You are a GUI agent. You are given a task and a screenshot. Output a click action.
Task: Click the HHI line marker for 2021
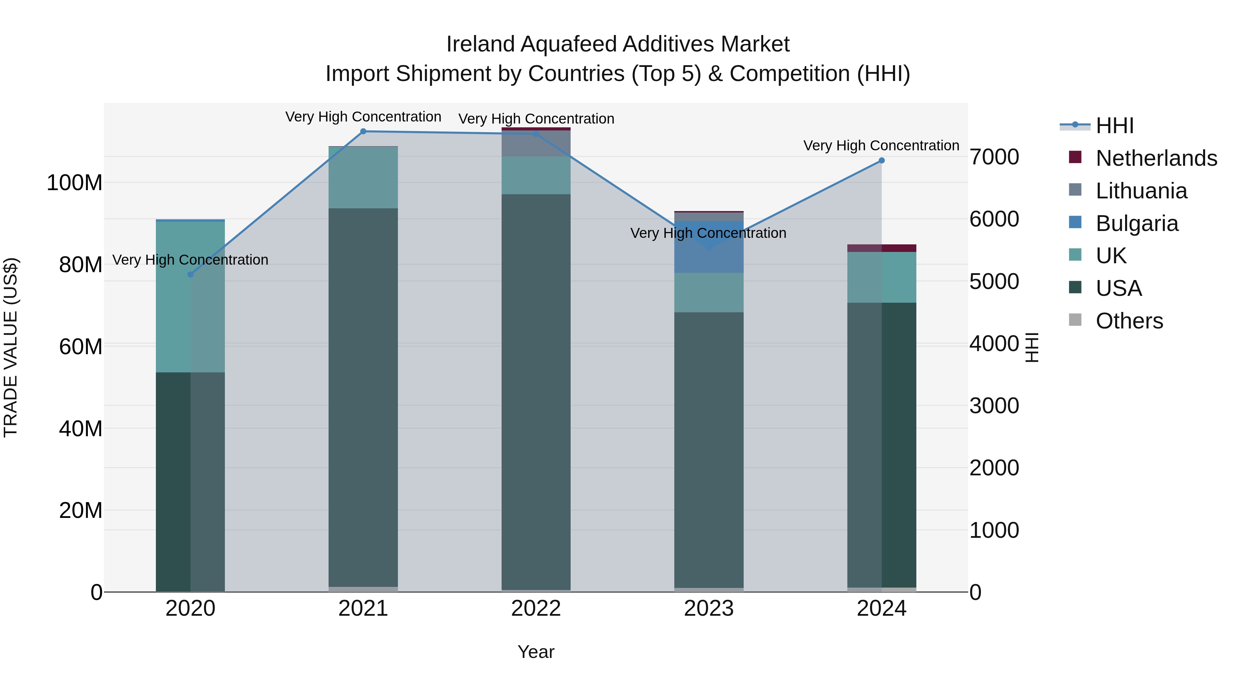[x=363, y=131]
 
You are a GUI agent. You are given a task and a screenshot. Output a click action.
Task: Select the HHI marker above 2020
[x=191, y=274]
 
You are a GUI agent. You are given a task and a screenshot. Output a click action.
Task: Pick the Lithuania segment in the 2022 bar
[x=536, y=144]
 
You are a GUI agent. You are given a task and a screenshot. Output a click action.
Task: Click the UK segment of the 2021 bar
[x=363, y=177]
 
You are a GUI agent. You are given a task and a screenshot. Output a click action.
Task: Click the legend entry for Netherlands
[x=1156, y=158]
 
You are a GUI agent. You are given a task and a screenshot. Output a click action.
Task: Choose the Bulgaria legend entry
[x=1137, y=223]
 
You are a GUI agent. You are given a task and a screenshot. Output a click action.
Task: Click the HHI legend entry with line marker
[x=1114, y=126]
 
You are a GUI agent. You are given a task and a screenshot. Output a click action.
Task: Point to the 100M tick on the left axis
[x=75, y=183]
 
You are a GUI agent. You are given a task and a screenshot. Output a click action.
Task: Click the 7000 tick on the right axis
[x=994, y=157]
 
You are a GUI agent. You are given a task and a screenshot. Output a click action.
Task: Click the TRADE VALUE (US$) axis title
[x=11, y=347]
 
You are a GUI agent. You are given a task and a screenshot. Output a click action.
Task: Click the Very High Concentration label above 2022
[x=536, y=119]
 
